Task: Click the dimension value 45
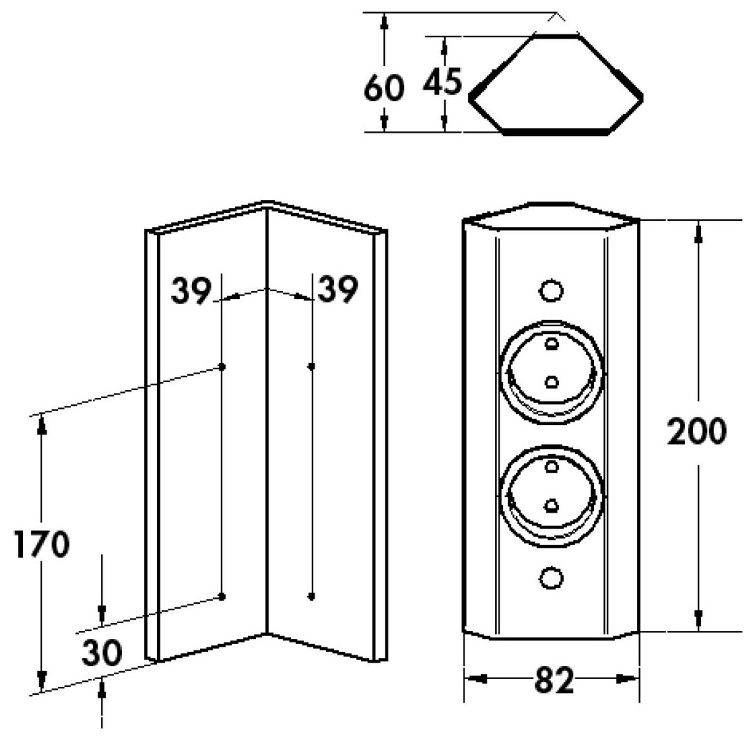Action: (x=441, y=83)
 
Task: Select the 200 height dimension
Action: (x=697, y=432)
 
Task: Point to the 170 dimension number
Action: (x=42, y=545)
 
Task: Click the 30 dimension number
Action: (x=101, y=653)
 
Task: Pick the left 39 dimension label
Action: (x=191, y=291)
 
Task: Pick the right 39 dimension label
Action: (x=337, y=291)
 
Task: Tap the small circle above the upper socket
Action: (x=550, y=290)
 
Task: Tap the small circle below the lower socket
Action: (x=550, y=577)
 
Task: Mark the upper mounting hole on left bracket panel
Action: (x=222, y=366)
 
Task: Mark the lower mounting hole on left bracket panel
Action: (x=222, y=597)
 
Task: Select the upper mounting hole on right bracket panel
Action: (x=311, y=366)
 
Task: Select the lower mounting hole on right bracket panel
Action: (x=311, y=596)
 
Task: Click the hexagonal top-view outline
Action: (x=555, y=85)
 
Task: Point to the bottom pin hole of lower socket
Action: (x=551, y=506)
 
